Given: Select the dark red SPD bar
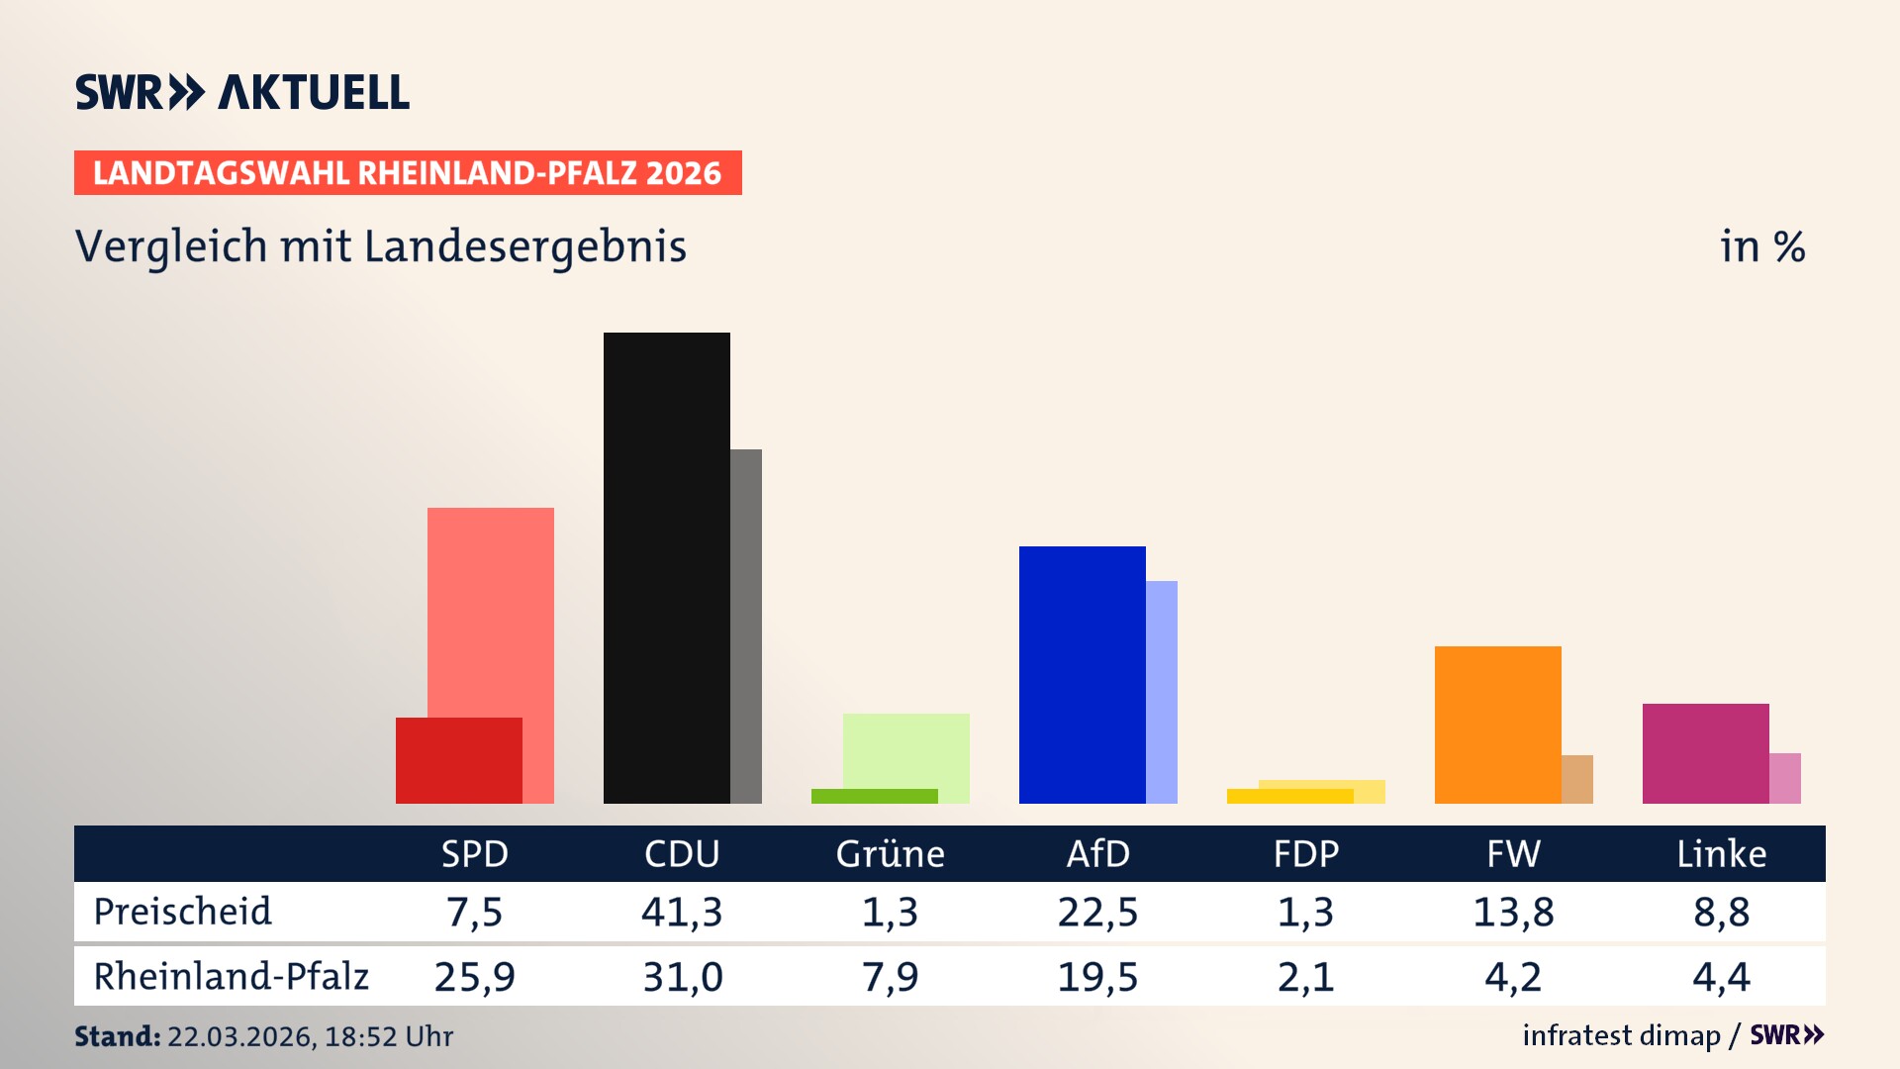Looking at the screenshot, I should pyautogui.click(x=458, y=760).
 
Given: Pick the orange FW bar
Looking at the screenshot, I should pyautogui.click(x=1497, y=725).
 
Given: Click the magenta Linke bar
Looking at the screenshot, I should pyautogui.click(x=1705, y=753).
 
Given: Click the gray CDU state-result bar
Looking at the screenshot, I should pyautogui.click(x=746, y=626).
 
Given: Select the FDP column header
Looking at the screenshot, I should pyautogui.click(x=1305, y=854).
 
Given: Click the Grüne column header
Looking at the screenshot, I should pyautogui.click(x=890, y=854).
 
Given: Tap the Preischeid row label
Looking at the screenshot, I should pyautogui.click(x=182, y=912).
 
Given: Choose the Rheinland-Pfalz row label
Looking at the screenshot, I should pyautogui.click(x=231, y=977).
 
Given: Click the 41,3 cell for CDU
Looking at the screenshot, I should pyautogui.click(x=682, y=912).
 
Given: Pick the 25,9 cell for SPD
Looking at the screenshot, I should pyautogui.click(x=474, y=977).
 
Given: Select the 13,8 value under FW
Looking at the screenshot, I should pyautogui.click(x=1513, y=912).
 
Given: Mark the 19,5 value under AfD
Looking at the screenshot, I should pyautogui.click(x=1097, y=977).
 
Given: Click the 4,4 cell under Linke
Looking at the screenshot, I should pyautogui.click(x=1721, y=977).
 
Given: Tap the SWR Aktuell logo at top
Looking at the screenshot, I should pyautogui.click(x=242, y=92).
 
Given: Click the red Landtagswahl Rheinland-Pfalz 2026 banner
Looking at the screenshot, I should pyautogui.click(x=408, y=173).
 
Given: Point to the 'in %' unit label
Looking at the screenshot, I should pyautogui.click(x=1761, y=247).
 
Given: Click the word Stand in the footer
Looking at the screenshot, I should pyautogui.click(x=117, y=1036).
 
